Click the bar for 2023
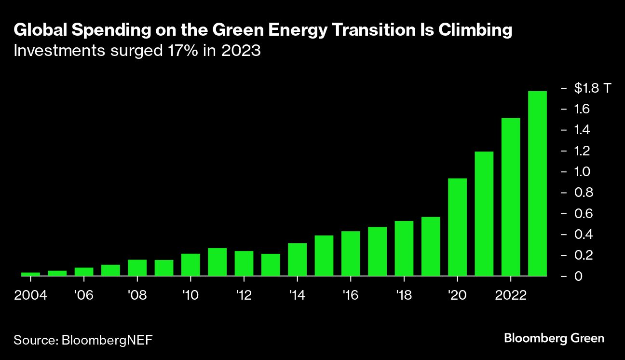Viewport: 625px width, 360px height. point(537,183)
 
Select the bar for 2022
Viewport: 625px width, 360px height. point(511,197)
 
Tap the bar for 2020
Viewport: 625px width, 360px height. point(457,227)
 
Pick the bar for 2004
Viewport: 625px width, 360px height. point(30,274)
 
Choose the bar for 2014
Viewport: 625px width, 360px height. point(297,259)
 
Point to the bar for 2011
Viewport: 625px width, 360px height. point(217,262)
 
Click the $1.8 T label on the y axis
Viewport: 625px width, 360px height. point(593,88)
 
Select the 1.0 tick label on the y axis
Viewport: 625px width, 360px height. point(582,172)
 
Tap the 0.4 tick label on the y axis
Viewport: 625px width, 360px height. point(582,235)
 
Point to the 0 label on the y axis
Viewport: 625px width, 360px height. point(578,276)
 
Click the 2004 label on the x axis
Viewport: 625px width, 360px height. point(30,295)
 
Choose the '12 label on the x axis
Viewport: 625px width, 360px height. point(244,295)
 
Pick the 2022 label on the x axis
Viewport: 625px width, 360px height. point(510,295)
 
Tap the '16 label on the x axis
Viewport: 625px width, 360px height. point(351,295)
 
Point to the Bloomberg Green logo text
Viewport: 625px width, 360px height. point(554,338)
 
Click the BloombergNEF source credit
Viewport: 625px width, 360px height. point(107,340)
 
